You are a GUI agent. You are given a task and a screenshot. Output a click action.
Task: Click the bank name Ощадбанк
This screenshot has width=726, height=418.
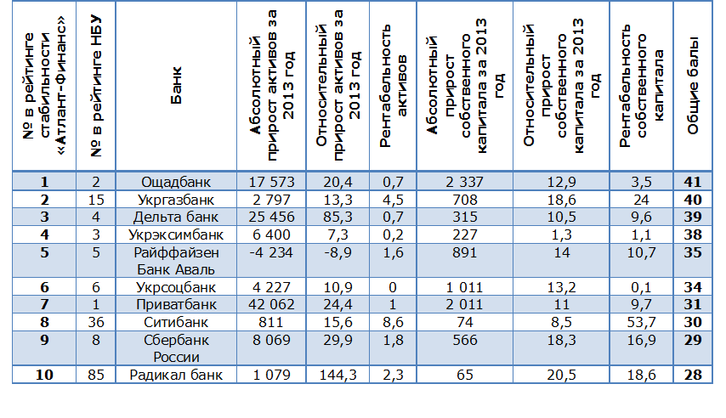click(176, 182)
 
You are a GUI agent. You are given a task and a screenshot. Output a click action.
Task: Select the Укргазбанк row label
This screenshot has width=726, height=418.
click(176, 200)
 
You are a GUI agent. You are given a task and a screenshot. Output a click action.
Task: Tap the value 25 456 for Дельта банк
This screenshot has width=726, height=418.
click(271, 217)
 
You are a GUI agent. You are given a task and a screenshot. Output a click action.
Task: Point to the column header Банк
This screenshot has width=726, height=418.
click(177, 86)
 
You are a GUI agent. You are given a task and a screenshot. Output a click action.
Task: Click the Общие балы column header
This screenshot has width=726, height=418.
click(693, 86)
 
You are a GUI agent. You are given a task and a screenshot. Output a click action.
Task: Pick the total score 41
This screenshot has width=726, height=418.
click(693, 182)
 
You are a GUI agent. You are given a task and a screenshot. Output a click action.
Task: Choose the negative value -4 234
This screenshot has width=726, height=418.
click(271, 252)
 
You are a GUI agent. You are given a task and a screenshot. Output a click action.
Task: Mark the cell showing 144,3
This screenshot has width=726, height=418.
click(338, 375)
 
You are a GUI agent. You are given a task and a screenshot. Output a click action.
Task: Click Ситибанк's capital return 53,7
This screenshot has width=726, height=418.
click(641, 322)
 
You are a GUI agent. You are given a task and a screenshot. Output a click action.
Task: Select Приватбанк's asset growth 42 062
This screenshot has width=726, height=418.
click(271, 305)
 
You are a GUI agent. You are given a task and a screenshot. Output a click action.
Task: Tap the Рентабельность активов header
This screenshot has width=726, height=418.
click(393, 86)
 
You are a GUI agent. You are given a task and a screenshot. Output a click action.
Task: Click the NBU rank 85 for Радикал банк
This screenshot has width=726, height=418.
click(96, 375)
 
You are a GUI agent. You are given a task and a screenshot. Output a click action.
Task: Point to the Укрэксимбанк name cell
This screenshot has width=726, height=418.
click(176, 234)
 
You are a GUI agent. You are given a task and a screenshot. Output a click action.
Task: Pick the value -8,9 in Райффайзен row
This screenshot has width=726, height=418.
click(338, 252)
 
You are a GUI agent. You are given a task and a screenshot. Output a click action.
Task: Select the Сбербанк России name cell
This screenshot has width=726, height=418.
click(176, 348)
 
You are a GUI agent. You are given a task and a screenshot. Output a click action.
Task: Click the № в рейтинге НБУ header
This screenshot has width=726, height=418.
click(96, 86)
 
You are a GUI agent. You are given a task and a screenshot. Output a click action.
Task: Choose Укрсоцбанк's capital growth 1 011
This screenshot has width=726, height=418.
click(464, 287)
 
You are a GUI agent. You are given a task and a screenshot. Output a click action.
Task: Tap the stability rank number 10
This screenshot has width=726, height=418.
click(44, 375)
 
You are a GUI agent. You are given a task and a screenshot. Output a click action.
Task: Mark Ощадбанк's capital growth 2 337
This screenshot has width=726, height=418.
click(464, 182)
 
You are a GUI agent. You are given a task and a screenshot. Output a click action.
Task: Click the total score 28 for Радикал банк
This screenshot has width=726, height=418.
click(693, 375)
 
